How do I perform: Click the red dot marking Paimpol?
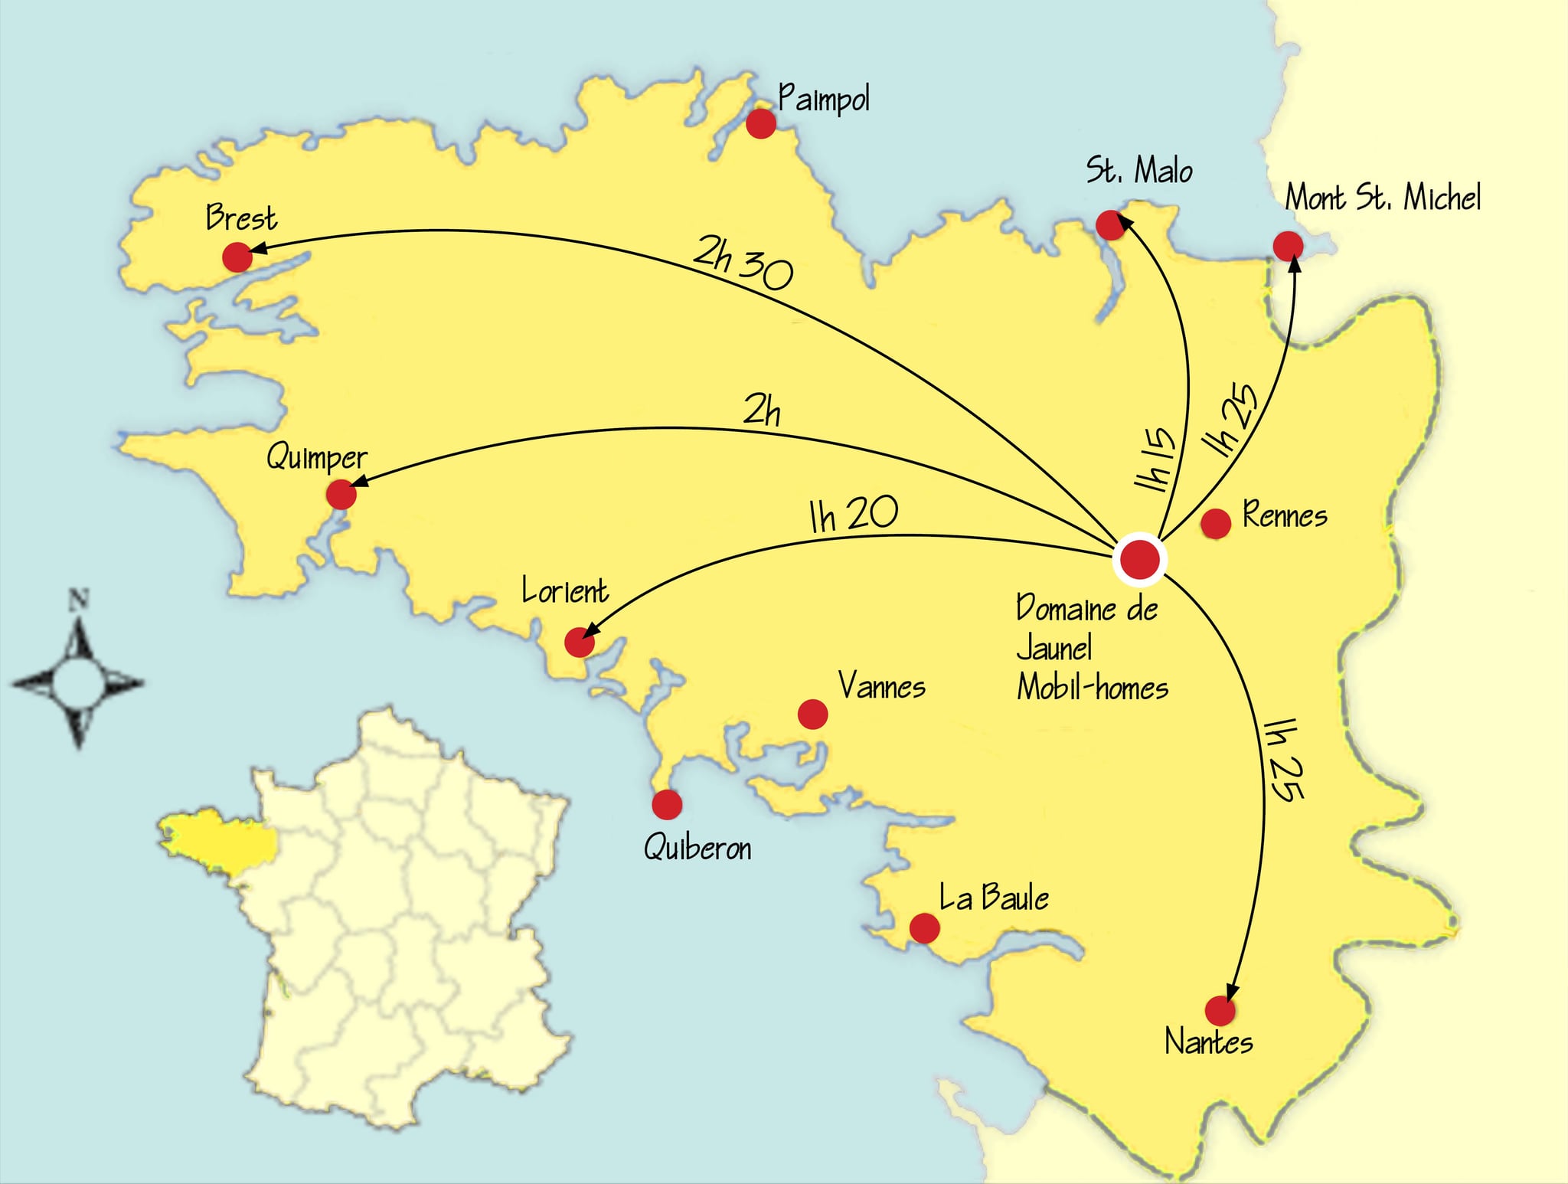(x=760, y=123)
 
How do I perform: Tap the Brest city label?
(x=241, y=218)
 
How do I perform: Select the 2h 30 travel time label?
(x=743, y=262)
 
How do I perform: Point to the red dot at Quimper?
(x=341, y=494)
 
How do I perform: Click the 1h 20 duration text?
(x=854, y=515)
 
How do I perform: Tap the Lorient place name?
(x=565, y=591)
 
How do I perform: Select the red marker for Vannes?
(x=812, y=714)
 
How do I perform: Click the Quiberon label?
(x=697, y=848)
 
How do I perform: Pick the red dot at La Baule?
(x=924, y=928)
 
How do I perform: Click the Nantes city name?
(x=1209, y=1042)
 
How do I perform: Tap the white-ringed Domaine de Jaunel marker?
(x=1138, y=559)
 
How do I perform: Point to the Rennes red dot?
(x=1216, y=524)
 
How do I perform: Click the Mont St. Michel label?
(x=1383, y=198)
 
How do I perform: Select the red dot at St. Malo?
(x=1110, y=225)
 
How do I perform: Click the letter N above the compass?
(x=79, y=600)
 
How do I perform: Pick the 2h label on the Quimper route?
(x=762, y=411)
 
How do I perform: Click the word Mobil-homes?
(x=1093, y=687)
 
